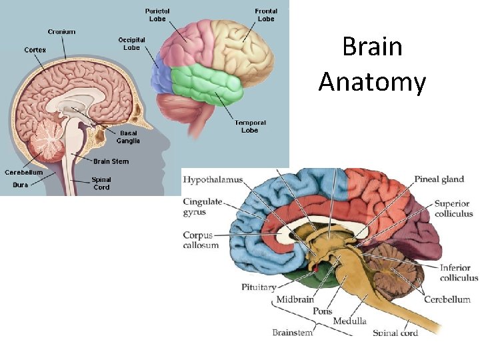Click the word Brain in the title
pyautogui.click(x=372, y=47)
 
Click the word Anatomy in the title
pyautogui.click(x=372, y=82)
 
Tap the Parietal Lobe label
pyautogui.click(x=159, y=14)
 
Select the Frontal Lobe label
pyautogui.click(x=265, y=14)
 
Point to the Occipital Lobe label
pyautogui.click(x=132, y=43)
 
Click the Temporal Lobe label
pyautogui.click(x=250, y=127)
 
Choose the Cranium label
pyautogui.click(x=61, y=31)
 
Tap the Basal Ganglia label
pyautogui.click(x=128, y=137)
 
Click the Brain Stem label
pyautogui.click(x=111, y=161)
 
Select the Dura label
pyautogui.click(x=20, y=185)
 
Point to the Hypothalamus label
pyautogui.click(x=213, y=179)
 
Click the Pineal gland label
pyautogui.click(x=439, y=179)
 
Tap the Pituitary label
pyautogui.click(x=258, y=287)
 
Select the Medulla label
pyautogui.click(x=349, y=321)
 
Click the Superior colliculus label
pyautogui.click(x=453, y=208)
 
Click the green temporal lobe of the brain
pyautogui.click(x=207, y=83)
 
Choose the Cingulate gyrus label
pyautogui.click(x=203, y=207)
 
